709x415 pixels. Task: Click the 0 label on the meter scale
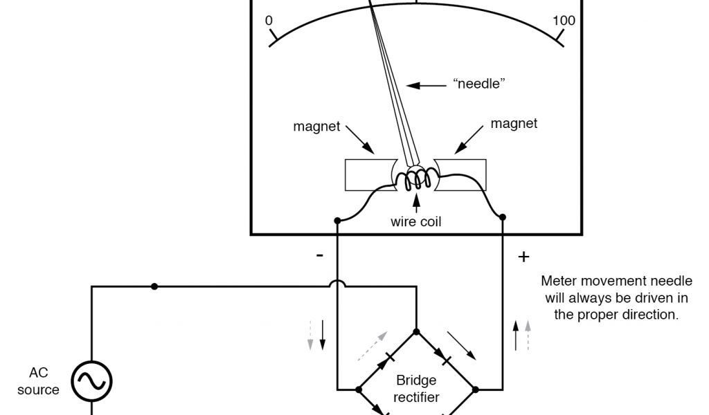click(269, 21)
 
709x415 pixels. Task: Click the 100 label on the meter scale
click(564, 21)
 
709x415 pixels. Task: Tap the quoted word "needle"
click(478, 84)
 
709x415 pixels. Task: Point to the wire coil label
click(415, 222)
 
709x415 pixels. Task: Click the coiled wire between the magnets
click(416, 181)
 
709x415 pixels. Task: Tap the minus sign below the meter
click(319, 255)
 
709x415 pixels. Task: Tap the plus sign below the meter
click(523, 257)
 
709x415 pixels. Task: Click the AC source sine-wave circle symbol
click(92, 380)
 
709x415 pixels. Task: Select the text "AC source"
click(39, 381)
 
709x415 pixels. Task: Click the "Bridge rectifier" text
click(417, 389)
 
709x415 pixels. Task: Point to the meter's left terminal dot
click(337, 221)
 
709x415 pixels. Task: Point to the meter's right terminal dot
click(502, 216)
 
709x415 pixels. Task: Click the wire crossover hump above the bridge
click(337, 285)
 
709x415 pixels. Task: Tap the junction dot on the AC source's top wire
click(154, 286)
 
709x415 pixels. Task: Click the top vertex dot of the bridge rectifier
click(417, 331)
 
